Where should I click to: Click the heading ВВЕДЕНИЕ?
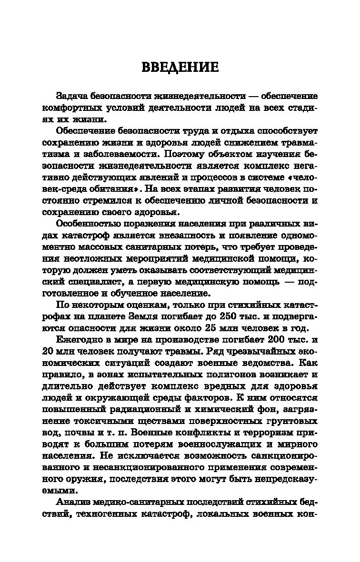point(180,67)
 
